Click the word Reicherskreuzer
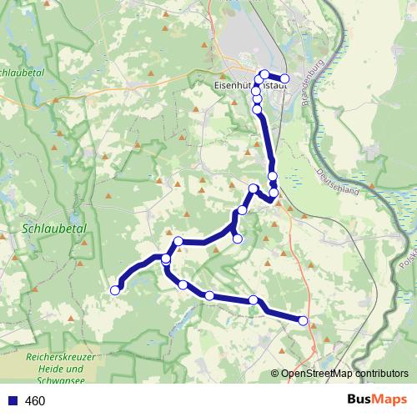59,356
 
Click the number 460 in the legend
35,401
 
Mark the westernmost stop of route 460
115,290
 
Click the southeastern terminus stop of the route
303,320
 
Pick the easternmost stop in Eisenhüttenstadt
284,78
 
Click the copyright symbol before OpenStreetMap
275,374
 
